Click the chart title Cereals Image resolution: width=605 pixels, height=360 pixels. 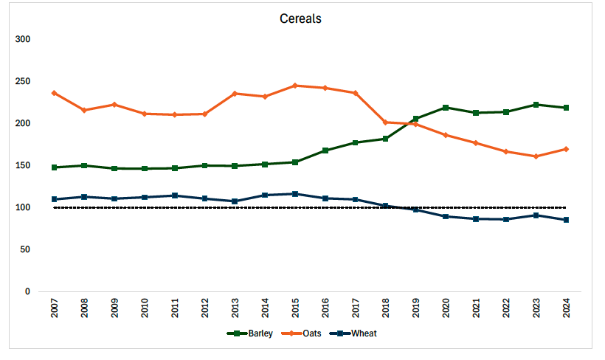coord(300,18)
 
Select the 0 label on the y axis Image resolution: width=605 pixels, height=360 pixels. coord(27,292)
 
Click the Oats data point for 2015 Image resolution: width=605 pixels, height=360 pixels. coord(295,86)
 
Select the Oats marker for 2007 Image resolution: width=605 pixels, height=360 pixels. coord(54,93)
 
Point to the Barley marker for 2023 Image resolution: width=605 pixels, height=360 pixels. coord(536,105)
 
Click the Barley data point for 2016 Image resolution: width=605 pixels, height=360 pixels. coord(325,150)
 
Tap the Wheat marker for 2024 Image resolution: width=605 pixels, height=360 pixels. coord(566,220)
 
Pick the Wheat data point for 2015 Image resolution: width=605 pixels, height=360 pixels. coord(295,194)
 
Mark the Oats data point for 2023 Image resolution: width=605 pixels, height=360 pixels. coord(536,156)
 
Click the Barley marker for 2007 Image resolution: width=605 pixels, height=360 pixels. coord(54,167)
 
